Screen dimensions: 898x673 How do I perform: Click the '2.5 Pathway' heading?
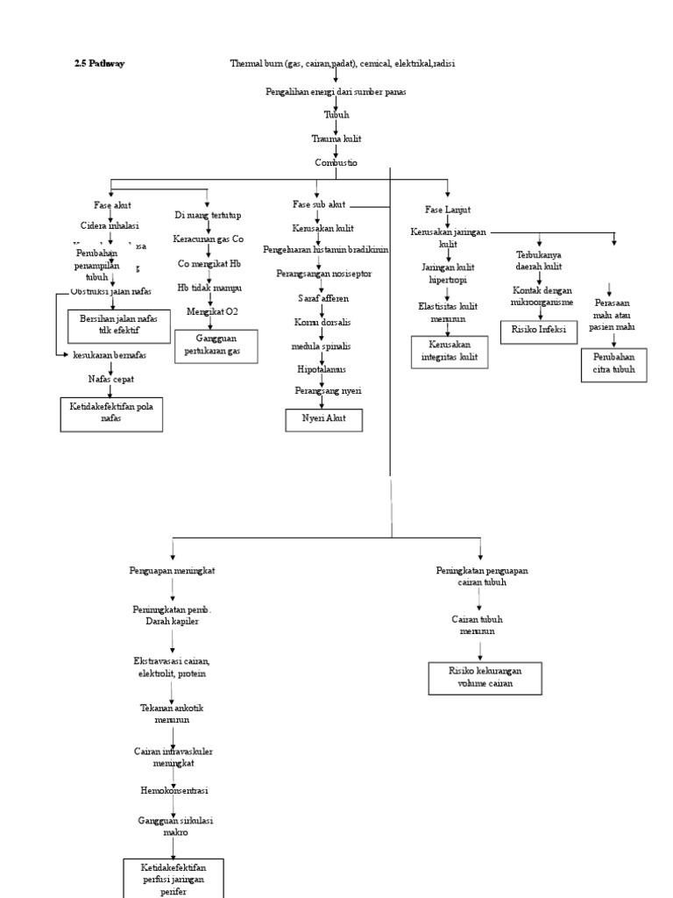click(99, 63)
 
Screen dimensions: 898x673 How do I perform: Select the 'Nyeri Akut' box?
click(323, 419)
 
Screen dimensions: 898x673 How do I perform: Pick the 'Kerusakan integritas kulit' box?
click(450, 351)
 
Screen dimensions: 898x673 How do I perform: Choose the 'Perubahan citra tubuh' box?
click(613, 365)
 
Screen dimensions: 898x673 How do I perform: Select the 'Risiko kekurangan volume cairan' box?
click(485, 678)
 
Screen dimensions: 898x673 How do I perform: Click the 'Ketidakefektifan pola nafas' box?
click(111, 413)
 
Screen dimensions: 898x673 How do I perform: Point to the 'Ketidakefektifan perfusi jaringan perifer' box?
click(174, 879)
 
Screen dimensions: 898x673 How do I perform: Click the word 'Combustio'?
click(336, 163)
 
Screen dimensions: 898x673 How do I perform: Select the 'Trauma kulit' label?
click(336, 139)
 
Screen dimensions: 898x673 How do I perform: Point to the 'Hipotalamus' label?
click(321, 369)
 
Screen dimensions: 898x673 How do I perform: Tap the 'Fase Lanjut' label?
click(448, 210)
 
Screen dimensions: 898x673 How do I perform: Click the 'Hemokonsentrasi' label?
click(174, 790)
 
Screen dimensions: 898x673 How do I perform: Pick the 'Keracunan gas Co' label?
click(209, 239)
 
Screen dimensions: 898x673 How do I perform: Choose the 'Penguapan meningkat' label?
click(172, 570)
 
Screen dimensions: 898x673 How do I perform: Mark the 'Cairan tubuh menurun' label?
click(478, 624)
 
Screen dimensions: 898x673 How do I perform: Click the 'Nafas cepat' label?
click(111, 378)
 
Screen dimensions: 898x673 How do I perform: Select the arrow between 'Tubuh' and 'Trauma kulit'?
click(336, 126)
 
